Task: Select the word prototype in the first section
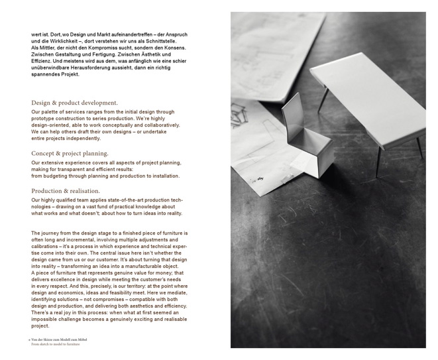47,119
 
